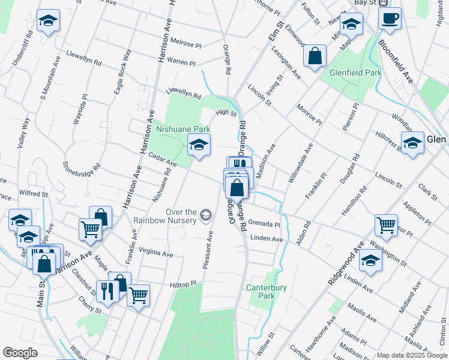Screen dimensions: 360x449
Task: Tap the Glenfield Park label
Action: click(356, 73)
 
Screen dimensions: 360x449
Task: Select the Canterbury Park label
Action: click(266, 292)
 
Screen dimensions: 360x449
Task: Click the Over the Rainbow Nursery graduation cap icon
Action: click(206, 215)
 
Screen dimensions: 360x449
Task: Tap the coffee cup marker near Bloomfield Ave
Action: click(390, 19)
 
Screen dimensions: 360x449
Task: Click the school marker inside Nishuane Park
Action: click(199, 145)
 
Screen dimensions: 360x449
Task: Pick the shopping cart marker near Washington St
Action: click(386, 226)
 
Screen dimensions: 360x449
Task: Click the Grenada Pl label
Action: click(264, 223)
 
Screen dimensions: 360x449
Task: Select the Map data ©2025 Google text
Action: click(411, 355)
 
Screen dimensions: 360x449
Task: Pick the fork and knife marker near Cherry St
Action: click(107, 292)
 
